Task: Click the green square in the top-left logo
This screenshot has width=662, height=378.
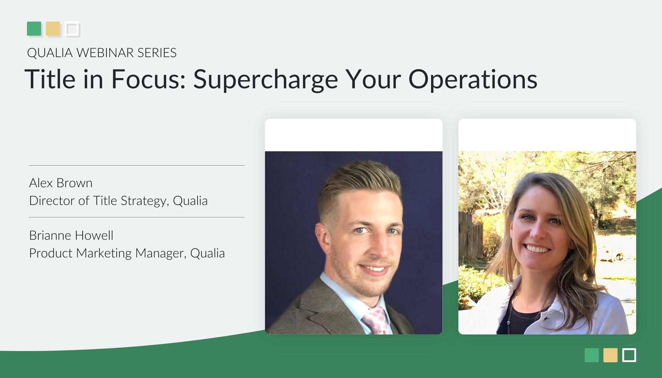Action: (34, 29)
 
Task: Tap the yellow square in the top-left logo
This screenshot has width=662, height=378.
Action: (53, 29)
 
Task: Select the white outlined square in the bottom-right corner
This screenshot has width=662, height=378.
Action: (629, 355)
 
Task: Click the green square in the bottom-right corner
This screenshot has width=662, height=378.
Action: (591, 355)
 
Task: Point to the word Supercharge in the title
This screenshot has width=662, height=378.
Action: (265, 79)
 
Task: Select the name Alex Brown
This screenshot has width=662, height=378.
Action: (61, 183)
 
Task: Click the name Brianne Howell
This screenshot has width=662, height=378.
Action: (71, 235)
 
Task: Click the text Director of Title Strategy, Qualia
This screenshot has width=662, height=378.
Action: (118, 201)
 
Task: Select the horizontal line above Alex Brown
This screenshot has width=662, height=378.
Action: (137, 165)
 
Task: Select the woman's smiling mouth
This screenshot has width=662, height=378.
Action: (537, 249)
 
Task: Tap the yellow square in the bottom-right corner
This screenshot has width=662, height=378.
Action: (610, 355)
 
